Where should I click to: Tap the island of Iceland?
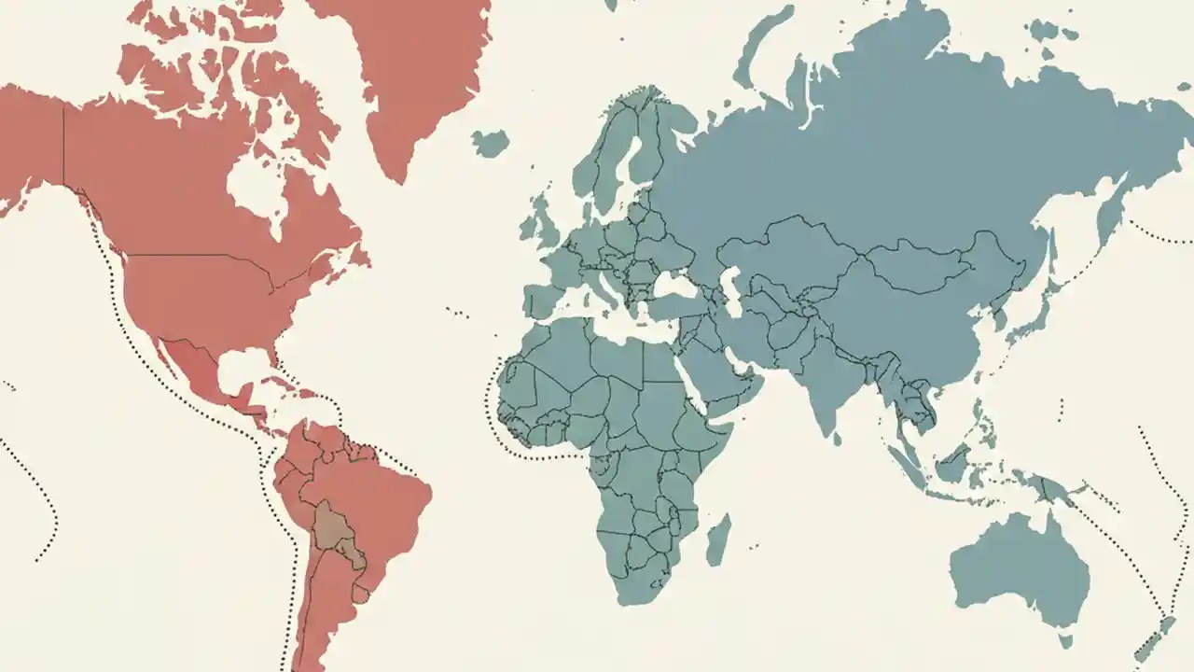point(490,143)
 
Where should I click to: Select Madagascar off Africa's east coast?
point(718,541)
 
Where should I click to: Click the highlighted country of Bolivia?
point(331,527)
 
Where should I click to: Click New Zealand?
point(1152,639)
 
